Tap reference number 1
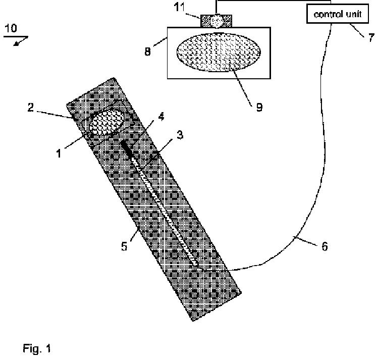point(59,151)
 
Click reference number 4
point(161,116)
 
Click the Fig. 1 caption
point(37,348)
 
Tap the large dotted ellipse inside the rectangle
point(218,52)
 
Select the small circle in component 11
point(217,20)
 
